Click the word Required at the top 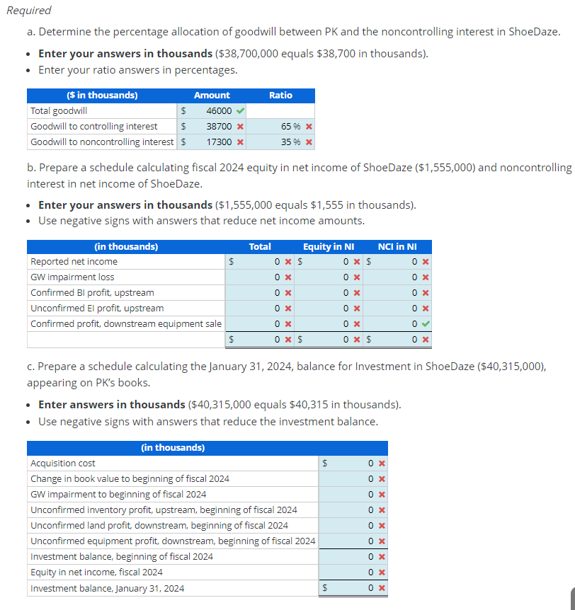(x=29, y=11)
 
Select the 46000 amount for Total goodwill (x=218, y=110)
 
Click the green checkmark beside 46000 (x=240, y=110)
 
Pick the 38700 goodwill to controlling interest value (x=218, y=126)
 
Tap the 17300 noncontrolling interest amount (x=218, y=142)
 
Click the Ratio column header (x=280, y=95)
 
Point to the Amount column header (x=212, y=95)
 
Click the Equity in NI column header (x=329, y=246)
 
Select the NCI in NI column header (x=397, y=246)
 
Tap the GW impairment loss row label (x=72, y=277)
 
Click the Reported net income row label (x=74, y=261)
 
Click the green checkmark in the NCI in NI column (x=423, y=323)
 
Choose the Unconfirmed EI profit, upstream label (x=97, y=308)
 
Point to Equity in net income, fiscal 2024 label (x=96, y=572)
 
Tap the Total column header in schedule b (x=260, y=246)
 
